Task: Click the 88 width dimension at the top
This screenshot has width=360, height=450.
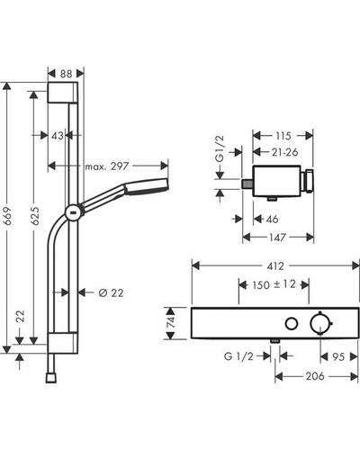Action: tap(66, 74)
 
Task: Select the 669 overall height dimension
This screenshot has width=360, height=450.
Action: tap(7, 216)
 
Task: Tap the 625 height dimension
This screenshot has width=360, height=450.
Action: tap(34, 216)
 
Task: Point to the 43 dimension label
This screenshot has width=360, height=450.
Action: tap(58, 136)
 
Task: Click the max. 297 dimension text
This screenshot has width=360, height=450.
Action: tap(107, 166)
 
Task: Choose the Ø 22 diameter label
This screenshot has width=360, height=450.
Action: tap(111, 292)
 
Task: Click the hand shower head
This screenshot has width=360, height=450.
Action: tap(146, 186)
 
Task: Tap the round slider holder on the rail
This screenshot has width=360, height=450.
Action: tap(73, 212)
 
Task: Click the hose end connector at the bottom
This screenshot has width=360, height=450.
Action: tap(51, 378)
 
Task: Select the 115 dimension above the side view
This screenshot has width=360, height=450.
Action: tap(283, 136)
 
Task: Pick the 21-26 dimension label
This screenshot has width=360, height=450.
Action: tap(284, 152)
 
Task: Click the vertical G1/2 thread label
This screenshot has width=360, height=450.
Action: tap(220, 149)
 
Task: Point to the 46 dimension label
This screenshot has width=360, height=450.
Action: tap(272, 219)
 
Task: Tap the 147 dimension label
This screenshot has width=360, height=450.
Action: tap(277, 238)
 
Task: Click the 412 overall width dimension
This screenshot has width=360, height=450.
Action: tap(275, 266)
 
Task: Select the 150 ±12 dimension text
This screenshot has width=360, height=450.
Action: tap(274, 284)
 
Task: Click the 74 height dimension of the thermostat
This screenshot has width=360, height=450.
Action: tap(170, 322)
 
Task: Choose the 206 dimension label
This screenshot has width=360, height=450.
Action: tap(315, 376)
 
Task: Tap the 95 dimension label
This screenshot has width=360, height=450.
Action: tap(338, 357)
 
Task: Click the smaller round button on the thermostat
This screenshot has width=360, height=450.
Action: tap(292, 324)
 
